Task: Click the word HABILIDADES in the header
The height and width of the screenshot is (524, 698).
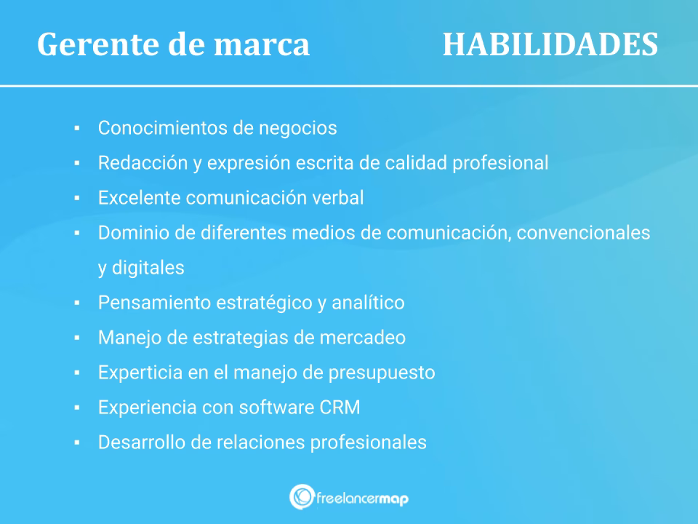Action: coord(550,44)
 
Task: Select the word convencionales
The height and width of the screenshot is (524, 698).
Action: coord(583,233)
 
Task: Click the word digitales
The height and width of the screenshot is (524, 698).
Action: coord(148,268)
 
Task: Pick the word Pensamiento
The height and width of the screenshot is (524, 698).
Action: coord(154,303)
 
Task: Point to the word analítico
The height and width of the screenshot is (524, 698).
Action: coord(368,303)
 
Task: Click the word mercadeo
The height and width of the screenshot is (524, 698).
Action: coord(363,337)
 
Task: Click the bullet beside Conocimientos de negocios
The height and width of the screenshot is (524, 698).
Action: coord(77,128)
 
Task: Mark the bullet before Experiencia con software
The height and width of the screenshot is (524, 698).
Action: coord(77,408)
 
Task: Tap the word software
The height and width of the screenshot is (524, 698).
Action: coord(276,408)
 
